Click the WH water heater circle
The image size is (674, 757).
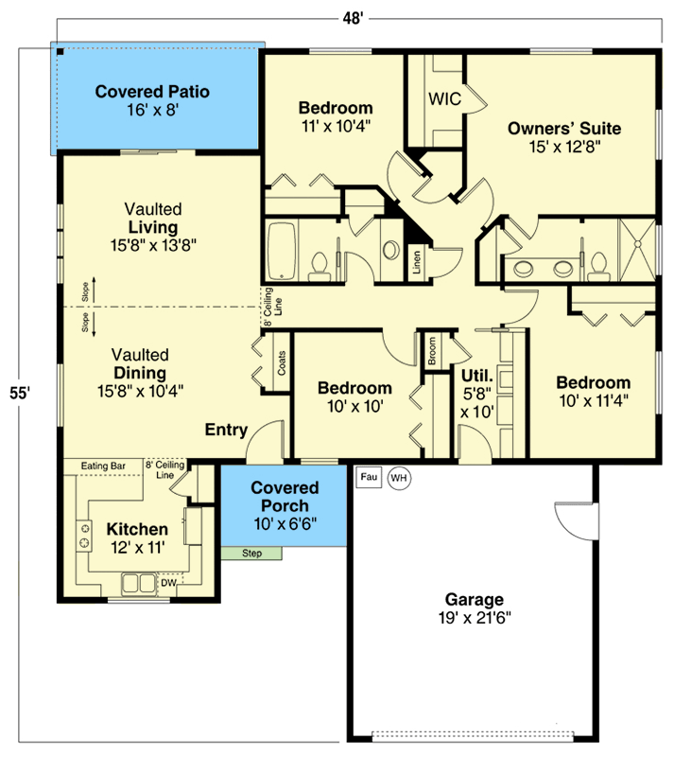(399, 478)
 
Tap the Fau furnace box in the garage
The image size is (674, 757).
(369, 477)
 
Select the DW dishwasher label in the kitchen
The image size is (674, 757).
(168, 583)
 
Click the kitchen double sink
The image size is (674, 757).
(139, 583)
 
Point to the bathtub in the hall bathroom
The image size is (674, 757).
(282, 251)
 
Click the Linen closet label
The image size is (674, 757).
(416, 262)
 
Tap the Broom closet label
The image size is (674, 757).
(432, 350)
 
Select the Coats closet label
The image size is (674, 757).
(282, 363)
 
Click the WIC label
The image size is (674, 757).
(445, 99)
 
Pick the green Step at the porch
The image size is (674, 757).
(251, 554)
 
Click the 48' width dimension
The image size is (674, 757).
(353, 18)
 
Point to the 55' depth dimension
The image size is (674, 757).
(20, 394)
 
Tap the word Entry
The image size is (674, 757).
(226, 430)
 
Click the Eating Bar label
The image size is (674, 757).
(103, 466)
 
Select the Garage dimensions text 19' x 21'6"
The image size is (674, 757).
(475, 618)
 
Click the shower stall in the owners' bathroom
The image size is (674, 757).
(637, 250)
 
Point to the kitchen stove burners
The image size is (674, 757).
(84, 536)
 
